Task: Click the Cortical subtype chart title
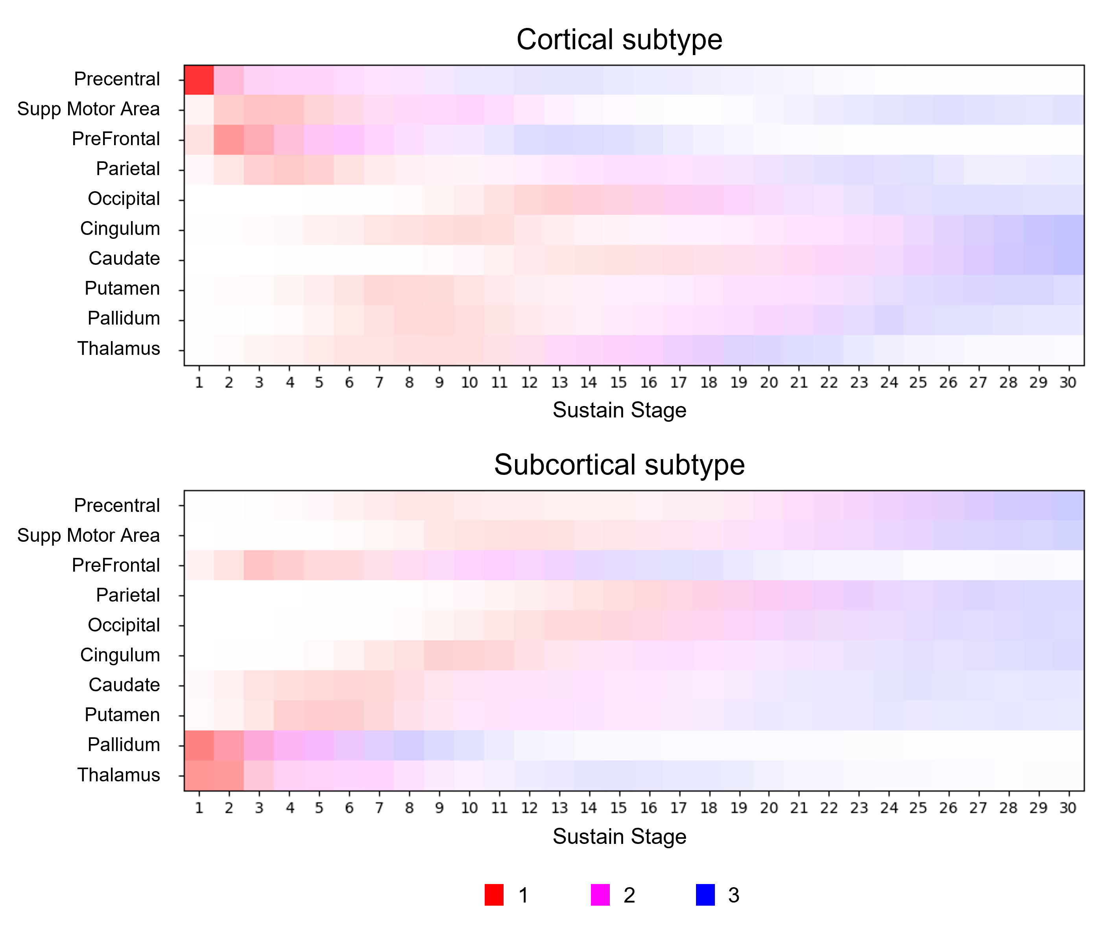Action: click(x=619, y=40)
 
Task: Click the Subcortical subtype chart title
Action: click(x=619, y=465)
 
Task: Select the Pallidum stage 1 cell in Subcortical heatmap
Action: click(x=199, y=746)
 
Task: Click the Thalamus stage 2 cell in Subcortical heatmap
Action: click(x=229, y=775)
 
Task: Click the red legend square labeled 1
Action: click(x=494, y=895)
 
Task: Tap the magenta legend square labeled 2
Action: click(x=600, y=895)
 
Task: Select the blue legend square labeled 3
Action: click(x=705, y=895)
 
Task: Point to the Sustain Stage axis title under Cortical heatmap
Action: click(x=619, y=410)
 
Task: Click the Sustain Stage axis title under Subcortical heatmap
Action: click(x=619, y=836)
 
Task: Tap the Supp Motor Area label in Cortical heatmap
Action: click(x=88, y=109)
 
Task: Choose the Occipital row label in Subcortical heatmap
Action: click(x=124, y=626)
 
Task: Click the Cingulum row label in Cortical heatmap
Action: click(x=120, y=229)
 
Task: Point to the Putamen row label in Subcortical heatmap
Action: click(x=122, y=715)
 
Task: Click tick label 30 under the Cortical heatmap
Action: click(x=1068, y=382)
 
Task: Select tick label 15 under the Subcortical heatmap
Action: click(x=618, y=808)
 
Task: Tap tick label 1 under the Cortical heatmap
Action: click(x=199, y=382)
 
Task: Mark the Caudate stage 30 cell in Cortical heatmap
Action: click(x=1069, y=260)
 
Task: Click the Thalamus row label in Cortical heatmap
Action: click(x=118, y=348)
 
